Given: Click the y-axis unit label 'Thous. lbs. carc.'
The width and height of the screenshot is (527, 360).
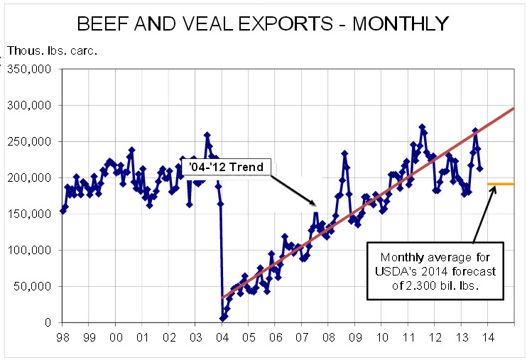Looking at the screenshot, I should click(52, 51).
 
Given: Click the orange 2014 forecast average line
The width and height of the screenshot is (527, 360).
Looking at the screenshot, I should click(500, 184).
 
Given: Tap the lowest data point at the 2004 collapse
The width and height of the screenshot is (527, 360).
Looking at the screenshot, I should click(223, 318).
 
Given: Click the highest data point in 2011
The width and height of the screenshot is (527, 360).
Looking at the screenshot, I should click(422, 127).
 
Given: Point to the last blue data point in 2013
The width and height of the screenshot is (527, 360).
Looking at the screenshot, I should click(480, 168).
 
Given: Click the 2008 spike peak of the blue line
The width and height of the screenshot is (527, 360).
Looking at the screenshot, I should click(344, 153).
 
